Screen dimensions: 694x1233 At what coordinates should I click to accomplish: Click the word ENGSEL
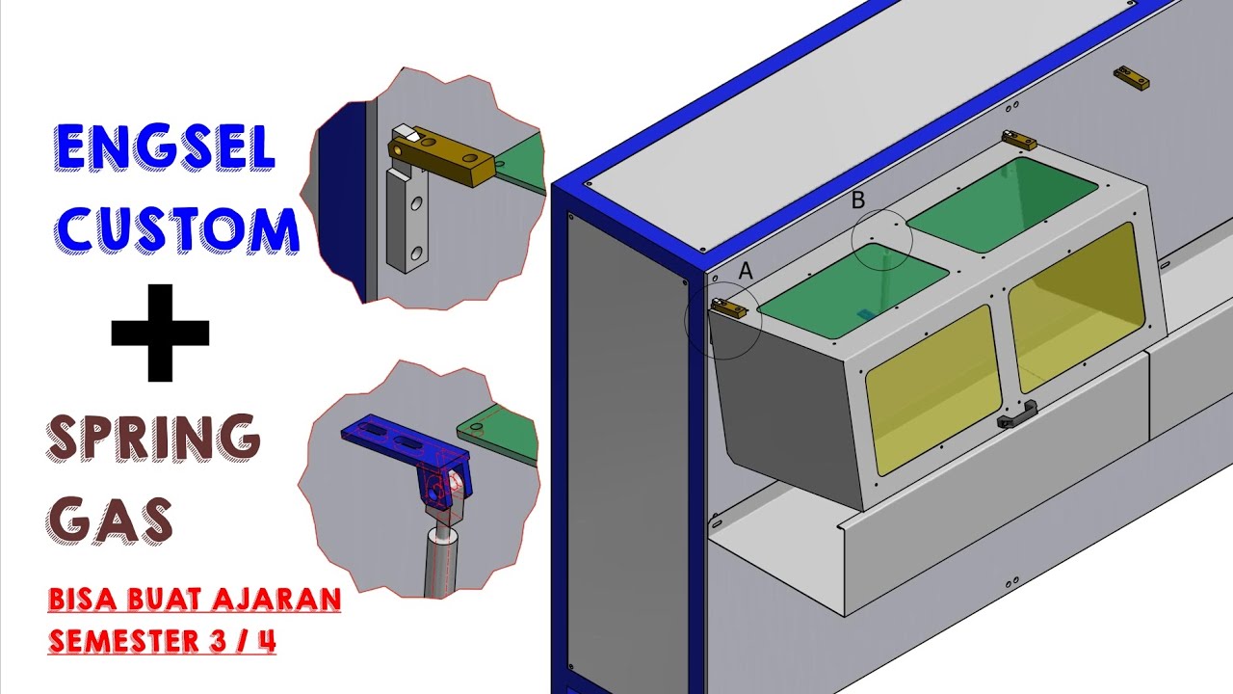(x=166, y=148)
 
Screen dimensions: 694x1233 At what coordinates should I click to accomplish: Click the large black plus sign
(x=160, y=332)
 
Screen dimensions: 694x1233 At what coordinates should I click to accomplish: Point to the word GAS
(x=111, y=520)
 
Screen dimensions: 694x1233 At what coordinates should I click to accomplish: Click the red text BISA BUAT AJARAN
(x=195, y=601)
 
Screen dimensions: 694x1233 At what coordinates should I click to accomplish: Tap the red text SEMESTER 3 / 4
(x=162, y=640)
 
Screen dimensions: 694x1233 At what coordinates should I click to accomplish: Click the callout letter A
(x=745, y=272)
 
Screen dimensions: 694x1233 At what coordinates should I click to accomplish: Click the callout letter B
(x=858, y=200)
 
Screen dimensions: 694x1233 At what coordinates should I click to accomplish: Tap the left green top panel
(x=855, y=292)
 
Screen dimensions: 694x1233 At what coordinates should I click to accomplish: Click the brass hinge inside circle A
(x=729, y=308)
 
